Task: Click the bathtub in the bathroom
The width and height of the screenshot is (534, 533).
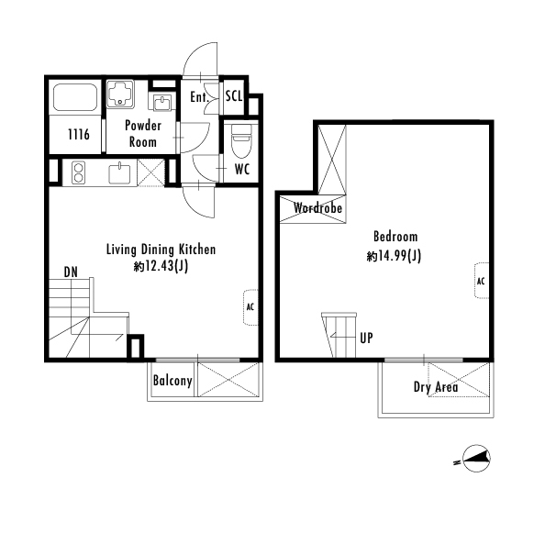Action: [x=75, y=96]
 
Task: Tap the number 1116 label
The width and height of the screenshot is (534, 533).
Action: [x=79, y=135]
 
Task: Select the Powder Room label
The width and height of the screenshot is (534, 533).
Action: [x=143, y=134]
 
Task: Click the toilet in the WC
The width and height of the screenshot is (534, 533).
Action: [x=241, y=140]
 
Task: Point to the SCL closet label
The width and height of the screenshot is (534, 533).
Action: [x=234, y=96]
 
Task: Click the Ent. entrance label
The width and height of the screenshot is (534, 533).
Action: [x=199, y=97]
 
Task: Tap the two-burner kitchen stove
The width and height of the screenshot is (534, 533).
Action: [x=79, y=172]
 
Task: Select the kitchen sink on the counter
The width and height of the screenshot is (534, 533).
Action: [x=119, y=173]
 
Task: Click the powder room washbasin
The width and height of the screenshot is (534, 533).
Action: [x=162, y=103]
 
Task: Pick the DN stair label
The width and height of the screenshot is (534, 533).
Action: [x=71, y=272]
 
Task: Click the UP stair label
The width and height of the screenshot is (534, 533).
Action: [x=366, y=338]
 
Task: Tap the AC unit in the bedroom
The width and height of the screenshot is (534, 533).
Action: [x=482, y=281]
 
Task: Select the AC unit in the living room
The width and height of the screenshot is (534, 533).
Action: [x=250, y=307]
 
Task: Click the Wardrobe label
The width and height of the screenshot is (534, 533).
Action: [x=317, y=207]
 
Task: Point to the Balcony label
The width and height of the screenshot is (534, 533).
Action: [x=172, y=381]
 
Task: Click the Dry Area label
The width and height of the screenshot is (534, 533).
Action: [x=436, y=387]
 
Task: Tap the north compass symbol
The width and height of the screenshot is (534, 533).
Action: [x=477, y=458]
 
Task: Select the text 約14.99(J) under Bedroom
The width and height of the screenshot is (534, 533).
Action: [x=394, y=255]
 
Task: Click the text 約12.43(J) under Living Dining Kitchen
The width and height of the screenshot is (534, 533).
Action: [x=161, y=266]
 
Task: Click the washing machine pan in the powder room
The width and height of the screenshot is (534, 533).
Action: [x=120, y=94]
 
